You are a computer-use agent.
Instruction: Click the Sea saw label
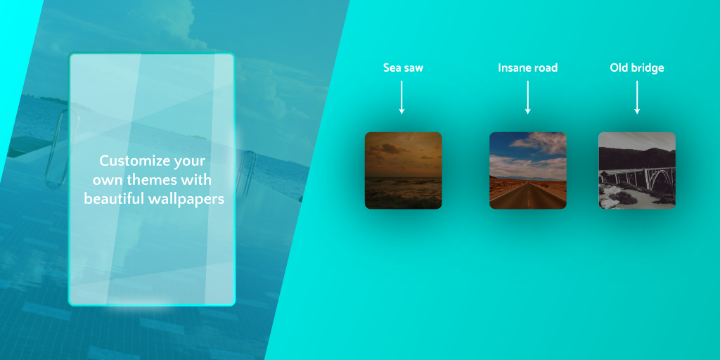click(x=403, y=68)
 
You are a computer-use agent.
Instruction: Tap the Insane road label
click(x=527, y=68)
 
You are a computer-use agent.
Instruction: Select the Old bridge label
click(x=637, y=68)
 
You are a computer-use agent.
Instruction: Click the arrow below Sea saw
click(x=401, y=97)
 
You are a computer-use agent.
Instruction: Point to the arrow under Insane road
click(x=527, y=97)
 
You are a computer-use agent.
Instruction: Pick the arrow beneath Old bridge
click(x=637, y=97)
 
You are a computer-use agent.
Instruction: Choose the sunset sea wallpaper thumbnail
click(x=403, y=170)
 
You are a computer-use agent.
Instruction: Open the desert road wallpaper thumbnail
click(x=527, y=170)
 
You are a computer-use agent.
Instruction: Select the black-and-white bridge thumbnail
click(x=637, y=170)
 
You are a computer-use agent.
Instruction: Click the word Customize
click(x=130, y=161)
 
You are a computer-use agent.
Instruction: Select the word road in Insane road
click(x=545, y=68)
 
